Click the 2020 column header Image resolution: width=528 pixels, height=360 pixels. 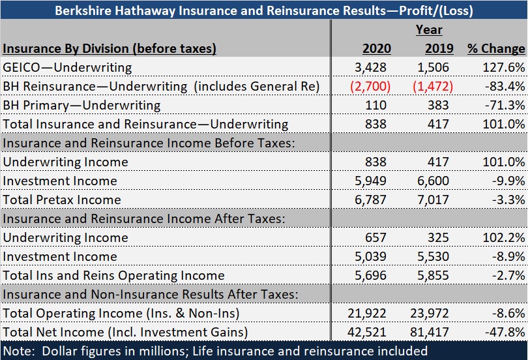coord(376,48)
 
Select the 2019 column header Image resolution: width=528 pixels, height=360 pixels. coord(439,48)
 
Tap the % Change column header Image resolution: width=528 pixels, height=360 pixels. coord(495,48)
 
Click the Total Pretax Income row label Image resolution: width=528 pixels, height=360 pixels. coord(62,200)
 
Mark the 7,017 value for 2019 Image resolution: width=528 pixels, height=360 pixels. coord(438,200)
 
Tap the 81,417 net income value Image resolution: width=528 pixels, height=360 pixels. coord(435,332)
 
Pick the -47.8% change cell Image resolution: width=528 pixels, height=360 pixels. coord(507,332)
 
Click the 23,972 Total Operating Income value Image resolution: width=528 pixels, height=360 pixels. coord(435,313)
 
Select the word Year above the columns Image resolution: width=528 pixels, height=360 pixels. coord(429,29)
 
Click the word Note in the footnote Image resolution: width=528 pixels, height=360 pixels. coord(19,351)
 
